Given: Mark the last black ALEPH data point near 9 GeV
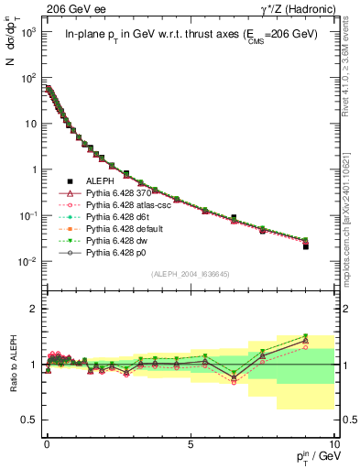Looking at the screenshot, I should tap(306, 246).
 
